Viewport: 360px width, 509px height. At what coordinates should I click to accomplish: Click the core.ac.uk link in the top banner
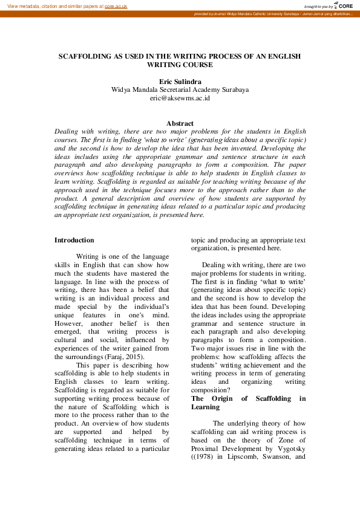point(116,5)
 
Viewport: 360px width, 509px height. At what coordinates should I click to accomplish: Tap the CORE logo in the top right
point(344,5)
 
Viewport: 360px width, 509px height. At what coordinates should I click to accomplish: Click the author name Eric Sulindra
point(180,81)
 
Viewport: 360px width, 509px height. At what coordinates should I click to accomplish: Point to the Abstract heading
point(180,123)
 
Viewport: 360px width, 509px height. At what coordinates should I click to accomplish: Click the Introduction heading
point(74,240)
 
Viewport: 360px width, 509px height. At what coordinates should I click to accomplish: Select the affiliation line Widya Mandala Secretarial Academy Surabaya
point(180,89)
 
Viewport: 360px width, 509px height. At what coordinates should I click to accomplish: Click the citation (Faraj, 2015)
point(126,357)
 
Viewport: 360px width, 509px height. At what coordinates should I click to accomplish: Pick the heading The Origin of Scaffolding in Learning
point(248,403)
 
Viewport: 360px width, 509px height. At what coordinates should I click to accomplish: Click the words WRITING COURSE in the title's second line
point(180,64)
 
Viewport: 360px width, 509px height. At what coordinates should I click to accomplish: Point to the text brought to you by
point(318,5)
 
